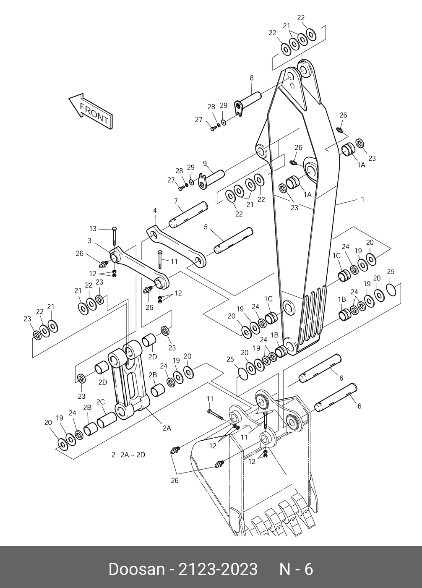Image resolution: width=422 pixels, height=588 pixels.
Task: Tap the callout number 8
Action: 252,78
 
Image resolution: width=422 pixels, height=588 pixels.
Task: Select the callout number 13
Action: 93,229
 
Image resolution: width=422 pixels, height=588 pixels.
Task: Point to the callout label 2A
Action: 167,428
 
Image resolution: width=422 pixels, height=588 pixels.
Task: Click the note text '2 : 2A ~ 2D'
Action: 128,455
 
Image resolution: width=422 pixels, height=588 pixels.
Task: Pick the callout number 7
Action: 176,201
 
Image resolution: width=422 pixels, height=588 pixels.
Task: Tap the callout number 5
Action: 206,227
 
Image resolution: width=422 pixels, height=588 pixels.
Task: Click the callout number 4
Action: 155,211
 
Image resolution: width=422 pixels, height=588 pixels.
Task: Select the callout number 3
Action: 89,241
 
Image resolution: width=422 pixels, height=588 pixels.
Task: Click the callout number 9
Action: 205,163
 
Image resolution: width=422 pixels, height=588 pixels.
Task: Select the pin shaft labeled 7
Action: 188,215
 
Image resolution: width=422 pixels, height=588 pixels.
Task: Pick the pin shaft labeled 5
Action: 234,241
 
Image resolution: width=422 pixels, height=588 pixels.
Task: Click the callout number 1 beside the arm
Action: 363,199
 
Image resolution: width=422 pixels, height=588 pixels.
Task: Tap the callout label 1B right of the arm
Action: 342,299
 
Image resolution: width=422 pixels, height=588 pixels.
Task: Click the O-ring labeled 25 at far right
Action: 391,289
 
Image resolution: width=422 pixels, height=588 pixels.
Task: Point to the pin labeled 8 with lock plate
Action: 248,103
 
